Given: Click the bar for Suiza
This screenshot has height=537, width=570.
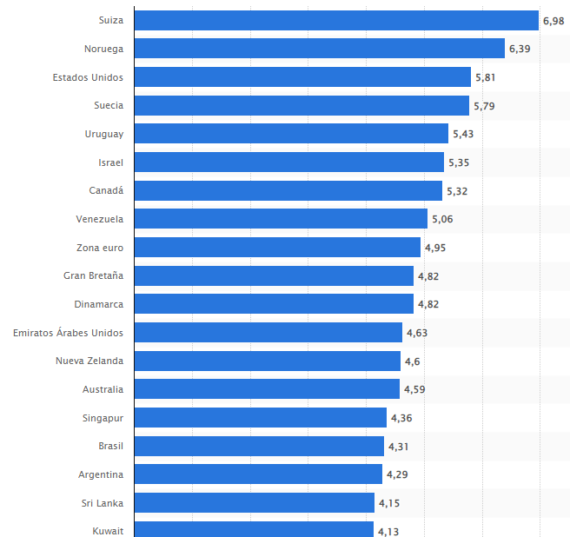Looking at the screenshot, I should [337, 20].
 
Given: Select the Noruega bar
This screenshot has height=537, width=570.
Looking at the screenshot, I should [320, 49].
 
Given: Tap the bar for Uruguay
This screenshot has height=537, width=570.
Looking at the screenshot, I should [292, 134].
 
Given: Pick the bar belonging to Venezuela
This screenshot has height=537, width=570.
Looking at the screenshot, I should [282, 219].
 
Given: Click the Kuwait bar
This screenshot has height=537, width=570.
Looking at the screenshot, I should [255, 530].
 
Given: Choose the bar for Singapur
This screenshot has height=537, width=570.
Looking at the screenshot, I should [261, 418].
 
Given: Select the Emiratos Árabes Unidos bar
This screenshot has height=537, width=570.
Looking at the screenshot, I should [268, 333].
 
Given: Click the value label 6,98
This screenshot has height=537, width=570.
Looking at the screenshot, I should [553, 20].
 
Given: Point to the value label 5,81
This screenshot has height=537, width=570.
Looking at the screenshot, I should [486, 77].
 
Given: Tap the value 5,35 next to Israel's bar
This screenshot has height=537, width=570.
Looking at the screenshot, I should [459, 162].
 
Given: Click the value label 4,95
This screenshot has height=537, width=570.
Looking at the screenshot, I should [435, 248].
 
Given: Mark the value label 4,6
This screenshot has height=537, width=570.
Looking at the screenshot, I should [414, 361].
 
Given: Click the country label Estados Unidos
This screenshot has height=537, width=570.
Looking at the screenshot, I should [88, 77].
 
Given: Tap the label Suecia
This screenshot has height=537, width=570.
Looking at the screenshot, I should [109, 105].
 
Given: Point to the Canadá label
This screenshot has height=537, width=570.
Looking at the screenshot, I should [106, 190].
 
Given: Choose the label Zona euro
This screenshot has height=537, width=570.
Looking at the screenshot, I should [100, 248].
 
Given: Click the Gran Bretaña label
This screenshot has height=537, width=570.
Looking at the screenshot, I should [93, 275].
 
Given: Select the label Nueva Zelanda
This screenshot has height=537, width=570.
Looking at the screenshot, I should [89, 361].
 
